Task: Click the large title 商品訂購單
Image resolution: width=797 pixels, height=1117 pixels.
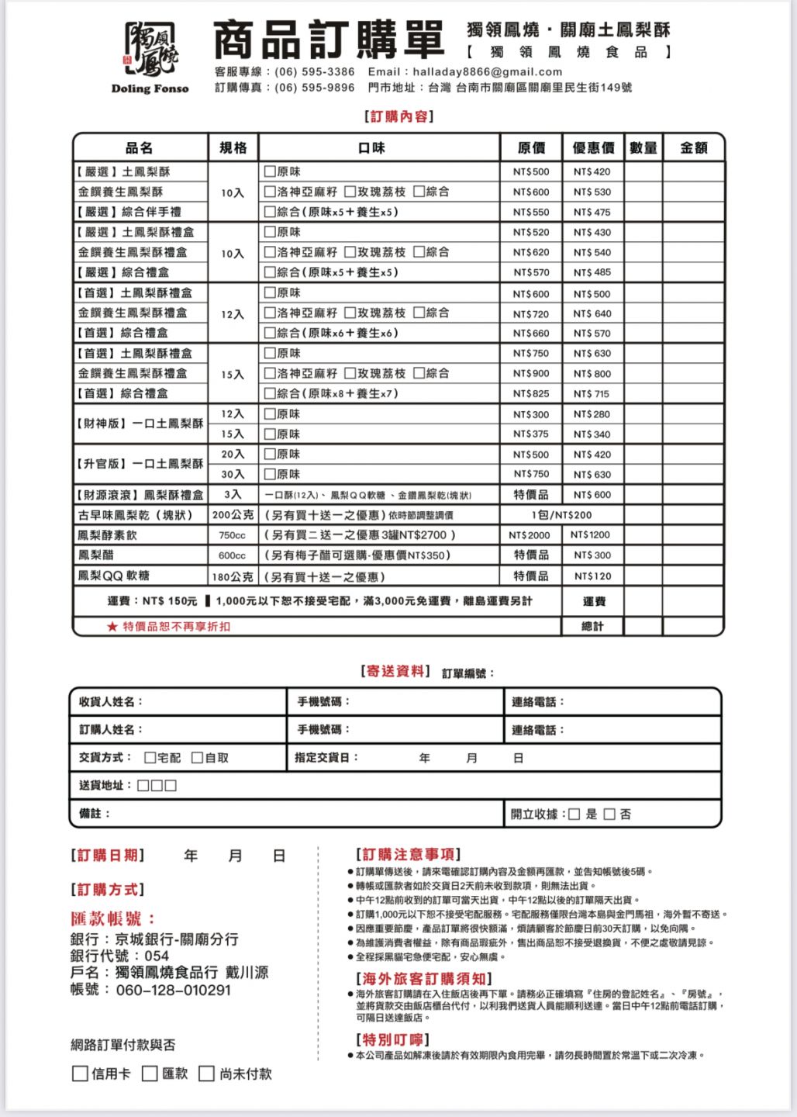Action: pyautogui.click(x=328, y=40)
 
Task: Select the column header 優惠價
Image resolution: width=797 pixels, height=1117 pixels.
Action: pyautogui.click(x=593, y=147)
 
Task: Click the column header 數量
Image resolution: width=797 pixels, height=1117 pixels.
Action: pyautogui.click(x=643, y=147)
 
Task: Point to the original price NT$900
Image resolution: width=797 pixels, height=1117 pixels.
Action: pyautogui.click(x=531, y=373)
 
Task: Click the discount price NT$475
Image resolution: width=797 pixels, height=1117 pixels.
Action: pyautogui.click(x=592, y=212)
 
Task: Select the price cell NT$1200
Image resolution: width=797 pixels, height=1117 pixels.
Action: pyautogui.click(x=591, y=534)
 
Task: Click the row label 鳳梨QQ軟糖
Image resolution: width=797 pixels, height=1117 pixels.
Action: pyautogui.click(x=113, y=576)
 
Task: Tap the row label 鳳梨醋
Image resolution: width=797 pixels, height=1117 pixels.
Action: pyautogui.click(x=95, y=555)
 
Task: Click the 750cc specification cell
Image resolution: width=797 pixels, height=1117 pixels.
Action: pyautogui.click(x=232, y=535)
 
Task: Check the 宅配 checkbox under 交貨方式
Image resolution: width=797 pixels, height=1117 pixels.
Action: pyautogui.click(x=150, y=757)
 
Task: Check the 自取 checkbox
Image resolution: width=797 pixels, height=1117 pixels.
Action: pyautogui.click(x=197, y=757)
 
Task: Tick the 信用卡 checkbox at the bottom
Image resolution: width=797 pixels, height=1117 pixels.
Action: pyautogui.click(x=79, y=1074)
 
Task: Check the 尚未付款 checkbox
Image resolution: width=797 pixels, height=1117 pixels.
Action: pyautogui.click(x=206, y=1074)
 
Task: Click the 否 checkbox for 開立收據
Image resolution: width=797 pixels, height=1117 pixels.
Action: pyautogui.click(x=609, y=814)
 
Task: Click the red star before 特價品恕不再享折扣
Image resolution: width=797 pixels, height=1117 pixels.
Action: pyautogui.click(x=112, y=626)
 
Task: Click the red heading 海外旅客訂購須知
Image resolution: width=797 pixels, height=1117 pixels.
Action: pyautogui.click(x=423, y=978)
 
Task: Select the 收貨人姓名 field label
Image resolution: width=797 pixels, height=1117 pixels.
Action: pyautogui.click(x=111, y=701)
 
